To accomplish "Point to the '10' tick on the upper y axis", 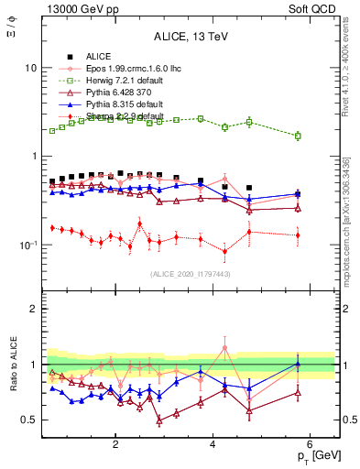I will tap(30, 69).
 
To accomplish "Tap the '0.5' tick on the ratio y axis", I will tap(29, 420).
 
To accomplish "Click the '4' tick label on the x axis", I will tap(213, 445).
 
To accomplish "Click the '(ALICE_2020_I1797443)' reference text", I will tap(191, 275).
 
